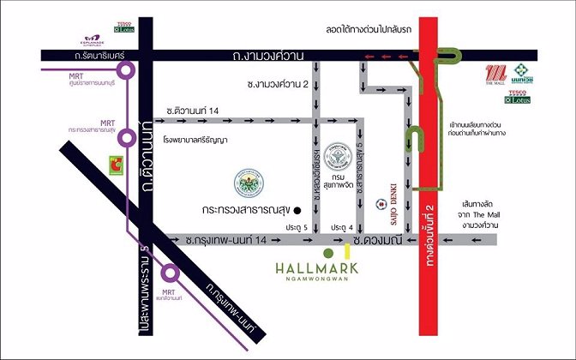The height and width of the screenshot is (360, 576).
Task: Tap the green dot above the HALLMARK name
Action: pyautogui.click(x=327, y=254)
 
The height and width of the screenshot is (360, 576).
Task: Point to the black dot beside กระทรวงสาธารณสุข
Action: pyautogui.click(x=297, y=209)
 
